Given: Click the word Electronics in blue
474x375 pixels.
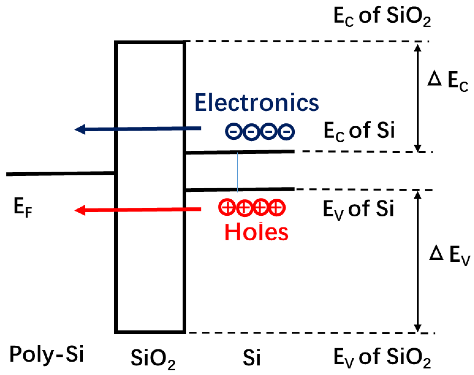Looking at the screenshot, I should tap(257, 103).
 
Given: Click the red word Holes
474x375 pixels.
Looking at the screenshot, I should tap(256, 232).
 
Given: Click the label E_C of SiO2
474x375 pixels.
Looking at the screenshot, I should tap(382, 16).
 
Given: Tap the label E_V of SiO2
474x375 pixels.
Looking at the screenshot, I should tap(382, 357).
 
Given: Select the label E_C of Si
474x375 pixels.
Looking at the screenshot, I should tap(359, 131).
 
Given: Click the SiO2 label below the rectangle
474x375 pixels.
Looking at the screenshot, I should tap(153, 358).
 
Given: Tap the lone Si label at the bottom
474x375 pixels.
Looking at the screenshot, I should tap(251, 358).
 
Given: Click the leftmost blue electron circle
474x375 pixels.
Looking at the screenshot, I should tap(234, 132).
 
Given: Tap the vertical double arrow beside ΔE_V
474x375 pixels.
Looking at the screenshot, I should tap(417, 261).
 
